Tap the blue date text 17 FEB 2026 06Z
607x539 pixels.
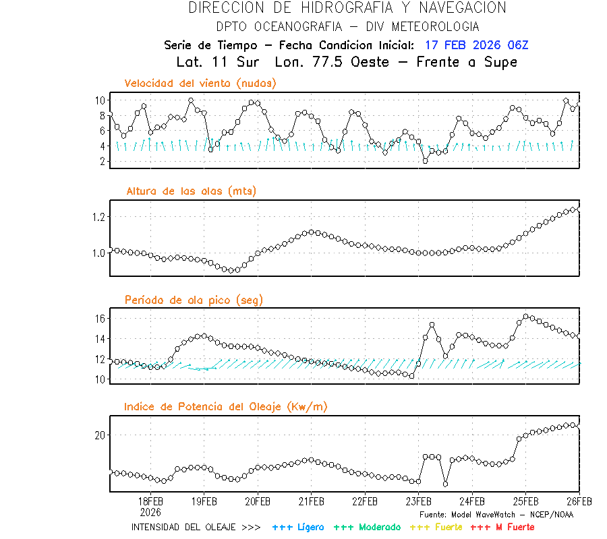(476, 45)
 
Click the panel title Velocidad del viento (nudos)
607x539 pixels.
(200, 83)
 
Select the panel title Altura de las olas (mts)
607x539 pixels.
(191, 191)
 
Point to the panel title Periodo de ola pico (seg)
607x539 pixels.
(194, 299)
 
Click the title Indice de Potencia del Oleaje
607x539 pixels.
(226, 406)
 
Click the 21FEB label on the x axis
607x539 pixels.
(311, 501)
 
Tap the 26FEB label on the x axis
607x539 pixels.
(579, 501)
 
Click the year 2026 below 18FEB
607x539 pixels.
(150, 511)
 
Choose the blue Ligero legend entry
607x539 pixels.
(298, 527)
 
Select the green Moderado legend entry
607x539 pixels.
(367, 527)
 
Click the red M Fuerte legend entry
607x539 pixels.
(502, 527)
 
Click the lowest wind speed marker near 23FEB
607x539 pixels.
(425, 160)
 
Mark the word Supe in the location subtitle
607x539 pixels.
(500, 62)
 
